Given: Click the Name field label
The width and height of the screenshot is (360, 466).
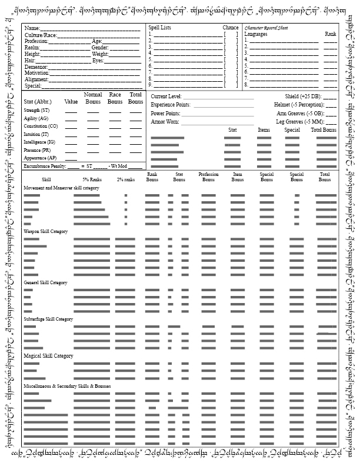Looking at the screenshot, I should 32,28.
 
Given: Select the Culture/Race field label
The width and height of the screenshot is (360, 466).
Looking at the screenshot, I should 41,35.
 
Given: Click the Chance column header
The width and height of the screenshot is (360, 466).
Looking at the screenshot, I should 231,28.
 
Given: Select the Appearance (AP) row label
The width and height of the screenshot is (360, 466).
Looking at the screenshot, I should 40,158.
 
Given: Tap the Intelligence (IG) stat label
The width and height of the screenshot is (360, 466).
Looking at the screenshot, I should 39,142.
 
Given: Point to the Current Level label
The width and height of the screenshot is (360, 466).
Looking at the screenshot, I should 166,96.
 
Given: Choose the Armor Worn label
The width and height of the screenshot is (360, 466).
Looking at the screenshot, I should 166,121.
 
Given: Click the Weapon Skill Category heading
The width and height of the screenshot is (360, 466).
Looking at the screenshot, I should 46,231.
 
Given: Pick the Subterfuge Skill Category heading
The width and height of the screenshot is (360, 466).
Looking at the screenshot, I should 48,319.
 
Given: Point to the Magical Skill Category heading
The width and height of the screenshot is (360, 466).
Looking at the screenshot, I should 48,356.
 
